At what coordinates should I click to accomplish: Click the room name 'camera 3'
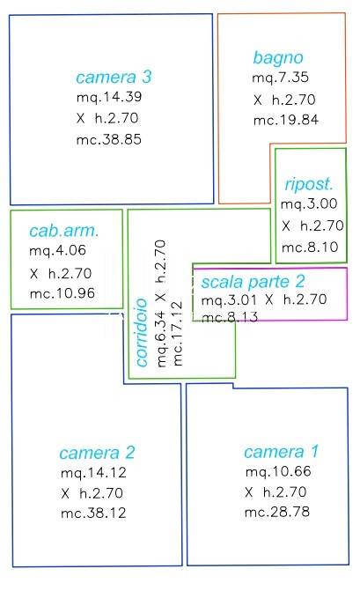click(114, 77)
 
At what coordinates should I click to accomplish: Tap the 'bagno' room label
click(278, 58)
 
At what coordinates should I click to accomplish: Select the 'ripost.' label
click(309, 184)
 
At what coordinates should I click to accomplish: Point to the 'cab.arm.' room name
click(64, 231)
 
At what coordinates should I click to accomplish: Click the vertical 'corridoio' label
click(142, 332)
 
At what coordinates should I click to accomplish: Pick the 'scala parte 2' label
click(253, 282)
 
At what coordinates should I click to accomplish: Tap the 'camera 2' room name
click(97, 453)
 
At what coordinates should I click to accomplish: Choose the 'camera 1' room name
click(282, 452)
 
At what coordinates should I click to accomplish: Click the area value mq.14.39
click(109, 97)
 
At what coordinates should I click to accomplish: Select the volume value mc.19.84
click(286, 121)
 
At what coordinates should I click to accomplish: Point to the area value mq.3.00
click(309, 204)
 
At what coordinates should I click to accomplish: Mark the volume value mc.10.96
click(62, 293)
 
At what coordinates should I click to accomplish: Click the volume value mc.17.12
click(177, 333)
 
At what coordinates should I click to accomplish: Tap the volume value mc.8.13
click(230, 317)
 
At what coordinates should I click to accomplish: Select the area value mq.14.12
click(93, 473)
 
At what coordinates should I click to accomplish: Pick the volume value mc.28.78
click(277, 512)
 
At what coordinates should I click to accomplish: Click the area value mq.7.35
click(280, 78)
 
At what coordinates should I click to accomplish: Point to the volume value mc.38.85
click(109, 140)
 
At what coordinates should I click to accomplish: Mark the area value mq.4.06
click(57, 251)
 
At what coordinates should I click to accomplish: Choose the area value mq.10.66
click(278, 471)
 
